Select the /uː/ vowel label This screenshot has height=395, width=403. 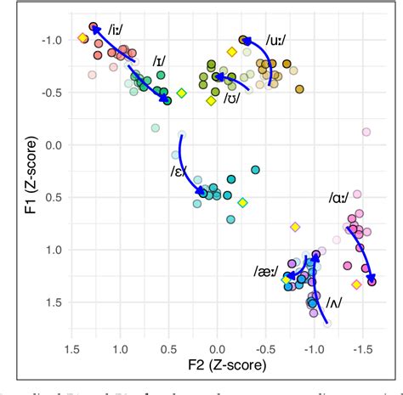click(x=275, y=39)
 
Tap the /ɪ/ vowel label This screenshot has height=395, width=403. click(x=159, y=61)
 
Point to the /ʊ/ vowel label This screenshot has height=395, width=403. click(x=230, y=99)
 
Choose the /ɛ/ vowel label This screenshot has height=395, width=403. click(x=179, y=172)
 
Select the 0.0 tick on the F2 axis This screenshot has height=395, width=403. click(x=218, y=348)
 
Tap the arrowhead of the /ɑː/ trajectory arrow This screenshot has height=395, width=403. click(x=371, y=277)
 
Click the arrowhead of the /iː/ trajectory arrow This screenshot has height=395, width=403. click(x=97, y=31)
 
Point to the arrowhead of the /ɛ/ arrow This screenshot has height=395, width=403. click(x=203, y=192)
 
